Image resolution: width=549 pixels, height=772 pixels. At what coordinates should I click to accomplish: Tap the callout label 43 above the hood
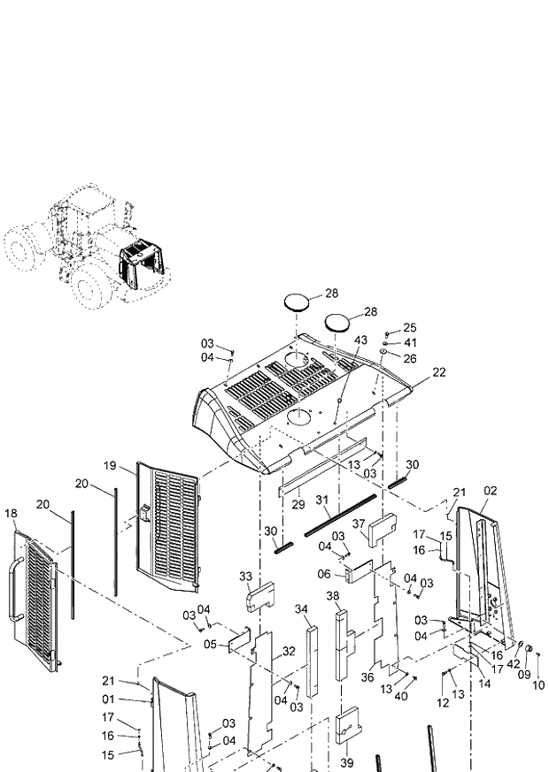(360, 340)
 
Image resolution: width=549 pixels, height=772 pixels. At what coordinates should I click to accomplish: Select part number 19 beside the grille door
(110, 465)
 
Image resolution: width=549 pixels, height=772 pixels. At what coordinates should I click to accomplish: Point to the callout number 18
(11, 513)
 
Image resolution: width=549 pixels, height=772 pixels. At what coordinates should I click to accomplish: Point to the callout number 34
(301, 609)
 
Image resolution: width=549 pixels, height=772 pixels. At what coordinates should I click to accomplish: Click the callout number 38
(333, 596)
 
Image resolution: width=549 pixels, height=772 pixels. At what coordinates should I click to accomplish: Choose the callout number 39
(346, 762)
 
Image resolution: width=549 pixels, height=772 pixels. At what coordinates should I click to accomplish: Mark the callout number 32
(289, 651)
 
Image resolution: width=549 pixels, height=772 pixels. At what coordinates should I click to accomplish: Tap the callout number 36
(367, 678)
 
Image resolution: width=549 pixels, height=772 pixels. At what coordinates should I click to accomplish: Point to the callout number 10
(539, 685)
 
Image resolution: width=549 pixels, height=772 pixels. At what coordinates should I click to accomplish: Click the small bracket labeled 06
(360, 573)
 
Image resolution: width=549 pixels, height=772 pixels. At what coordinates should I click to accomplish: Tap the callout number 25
(409, 328)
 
